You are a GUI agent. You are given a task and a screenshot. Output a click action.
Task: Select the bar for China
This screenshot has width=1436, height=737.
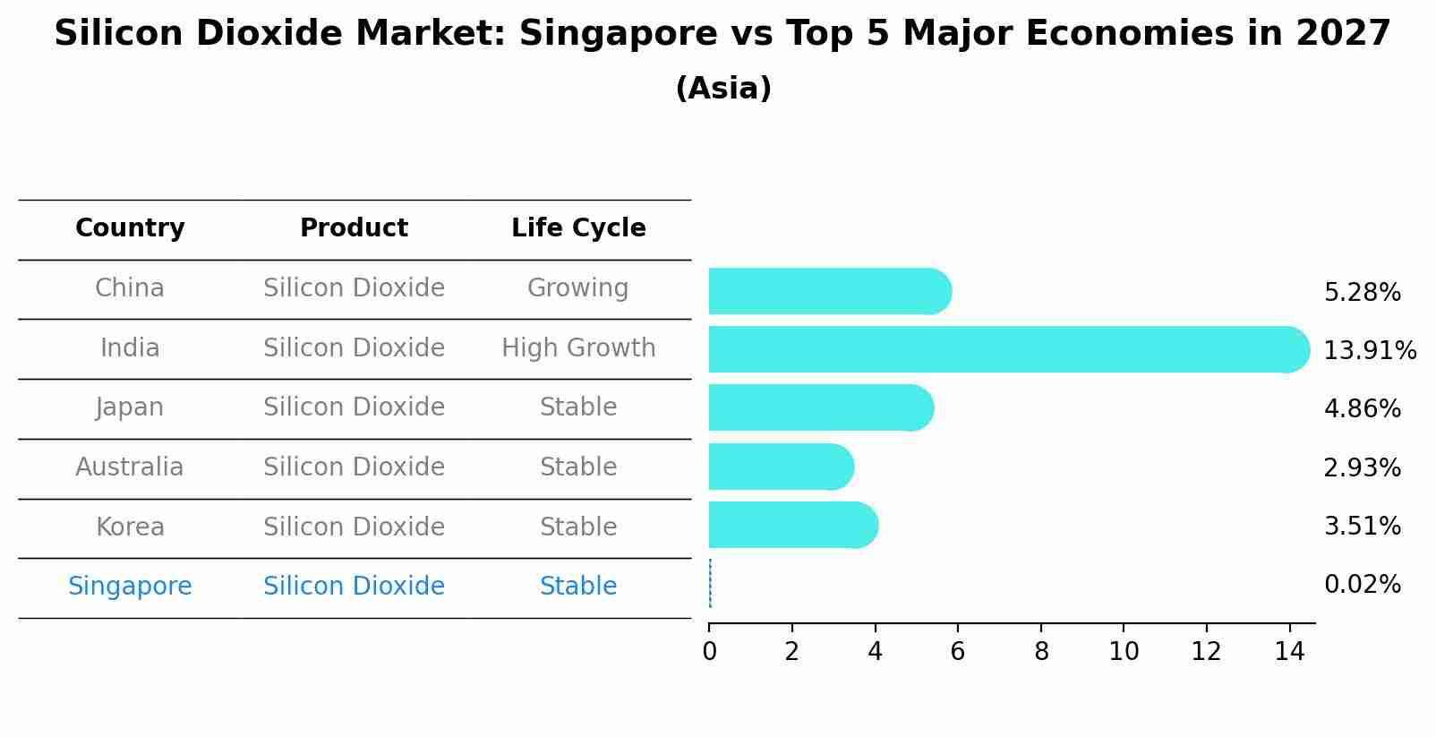[x=828, y=291]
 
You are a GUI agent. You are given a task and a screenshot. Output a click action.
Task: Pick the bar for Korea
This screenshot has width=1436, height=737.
[x=792, y=525]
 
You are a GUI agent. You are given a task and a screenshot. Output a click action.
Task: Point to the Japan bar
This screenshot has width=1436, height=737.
[x=820, y=407]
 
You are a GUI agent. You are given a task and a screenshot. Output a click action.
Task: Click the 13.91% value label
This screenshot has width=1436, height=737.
[x=1369, y=351]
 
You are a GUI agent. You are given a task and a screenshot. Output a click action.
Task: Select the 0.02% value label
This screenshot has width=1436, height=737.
[x=1362, y=585]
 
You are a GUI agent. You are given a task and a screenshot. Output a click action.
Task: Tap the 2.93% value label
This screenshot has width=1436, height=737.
[x=1362, y=467]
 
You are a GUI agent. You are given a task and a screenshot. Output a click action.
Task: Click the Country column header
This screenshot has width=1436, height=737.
[x=130, y=228]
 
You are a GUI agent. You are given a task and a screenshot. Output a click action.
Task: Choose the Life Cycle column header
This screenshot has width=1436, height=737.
[x=578, y=228]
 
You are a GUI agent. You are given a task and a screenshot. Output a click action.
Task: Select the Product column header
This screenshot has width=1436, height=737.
[x=354, y=228]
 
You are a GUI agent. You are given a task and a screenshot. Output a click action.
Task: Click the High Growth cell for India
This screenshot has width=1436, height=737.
[x=578, y=347]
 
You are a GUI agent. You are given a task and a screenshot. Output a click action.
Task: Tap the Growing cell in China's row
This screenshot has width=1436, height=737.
[x=577, y=288]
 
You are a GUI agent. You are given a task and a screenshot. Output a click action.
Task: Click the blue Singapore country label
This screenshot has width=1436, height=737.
[x=130, y=587]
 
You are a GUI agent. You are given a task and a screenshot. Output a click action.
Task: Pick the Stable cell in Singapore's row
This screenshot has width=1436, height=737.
[x=577, y=587]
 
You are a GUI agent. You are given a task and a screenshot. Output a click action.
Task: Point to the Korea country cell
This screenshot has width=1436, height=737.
[x=130, y=527]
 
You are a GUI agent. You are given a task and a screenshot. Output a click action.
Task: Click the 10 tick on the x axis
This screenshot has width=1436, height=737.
[x=1124, y=652]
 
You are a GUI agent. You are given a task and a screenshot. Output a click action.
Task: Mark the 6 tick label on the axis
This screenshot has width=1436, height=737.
[x=957, y=652]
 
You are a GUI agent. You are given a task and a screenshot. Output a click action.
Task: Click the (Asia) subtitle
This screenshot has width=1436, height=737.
[x=723, y=89]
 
